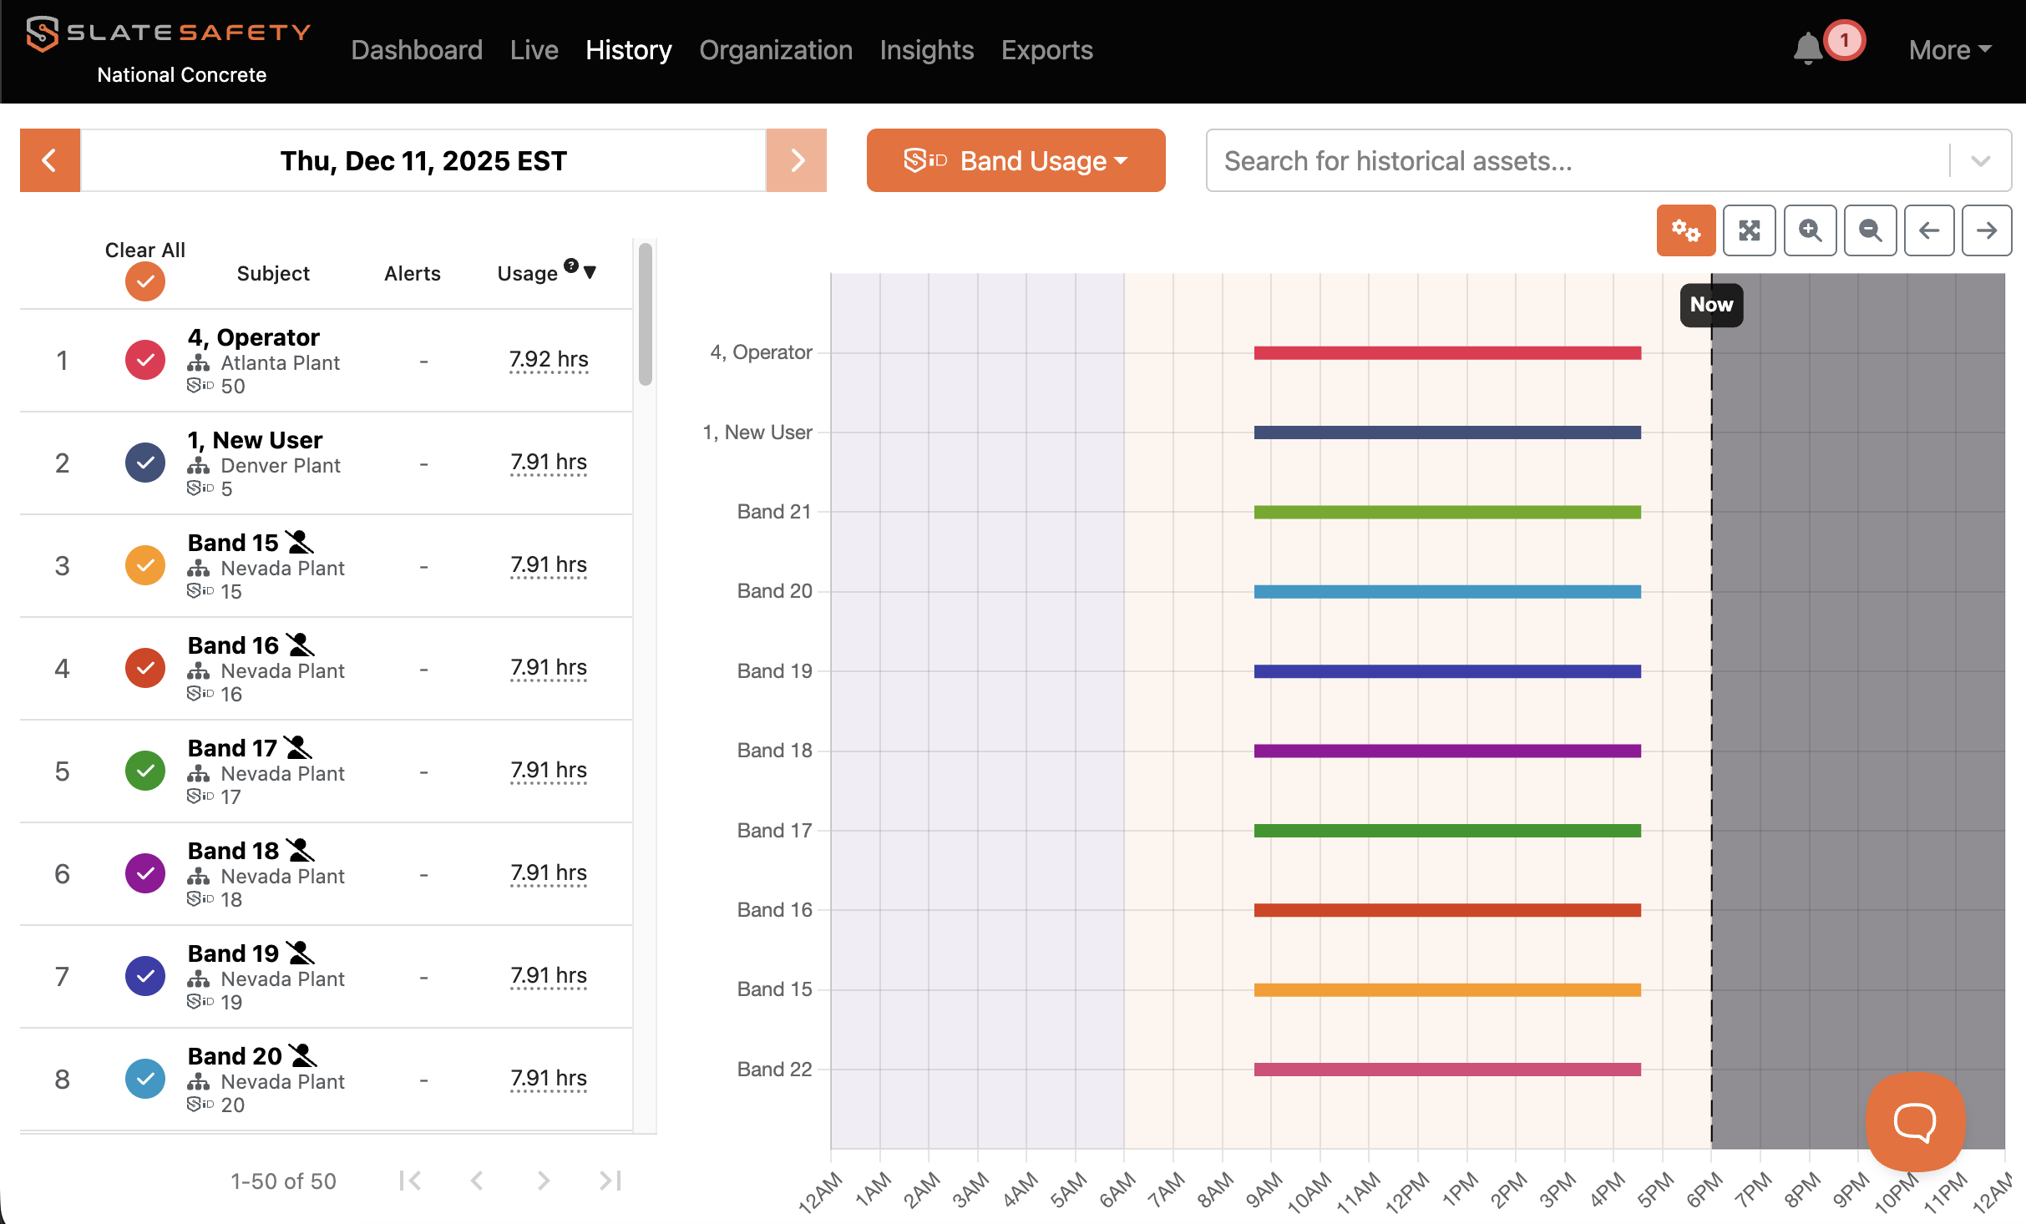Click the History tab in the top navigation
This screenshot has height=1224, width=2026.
(628, 50)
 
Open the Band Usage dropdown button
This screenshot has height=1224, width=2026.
(1016, 160)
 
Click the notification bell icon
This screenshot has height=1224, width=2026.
(1807, 48)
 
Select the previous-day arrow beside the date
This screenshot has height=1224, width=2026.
(50, 160)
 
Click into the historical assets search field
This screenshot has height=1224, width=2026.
(1578, 160)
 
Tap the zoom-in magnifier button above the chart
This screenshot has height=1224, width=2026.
(1810, 230)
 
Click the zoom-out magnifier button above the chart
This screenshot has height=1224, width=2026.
(1870, 230)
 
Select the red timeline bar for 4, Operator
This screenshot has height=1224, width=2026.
(1447, 353)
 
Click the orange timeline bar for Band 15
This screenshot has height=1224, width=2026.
(1447, 990)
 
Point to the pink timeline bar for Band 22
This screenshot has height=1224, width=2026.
(1447, 1070)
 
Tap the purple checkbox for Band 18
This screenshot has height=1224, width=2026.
(145, 874)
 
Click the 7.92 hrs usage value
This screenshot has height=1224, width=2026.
(549, 360)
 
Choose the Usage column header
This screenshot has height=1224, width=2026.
(527, 274)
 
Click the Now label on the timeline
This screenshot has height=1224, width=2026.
(1711, 305)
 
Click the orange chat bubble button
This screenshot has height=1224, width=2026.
(1915, 1122)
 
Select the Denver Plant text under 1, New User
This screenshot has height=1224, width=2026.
(281, 466)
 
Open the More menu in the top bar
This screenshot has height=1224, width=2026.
(1950, 50)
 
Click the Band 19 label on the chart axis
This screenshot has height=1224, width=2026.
(774, 671)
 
